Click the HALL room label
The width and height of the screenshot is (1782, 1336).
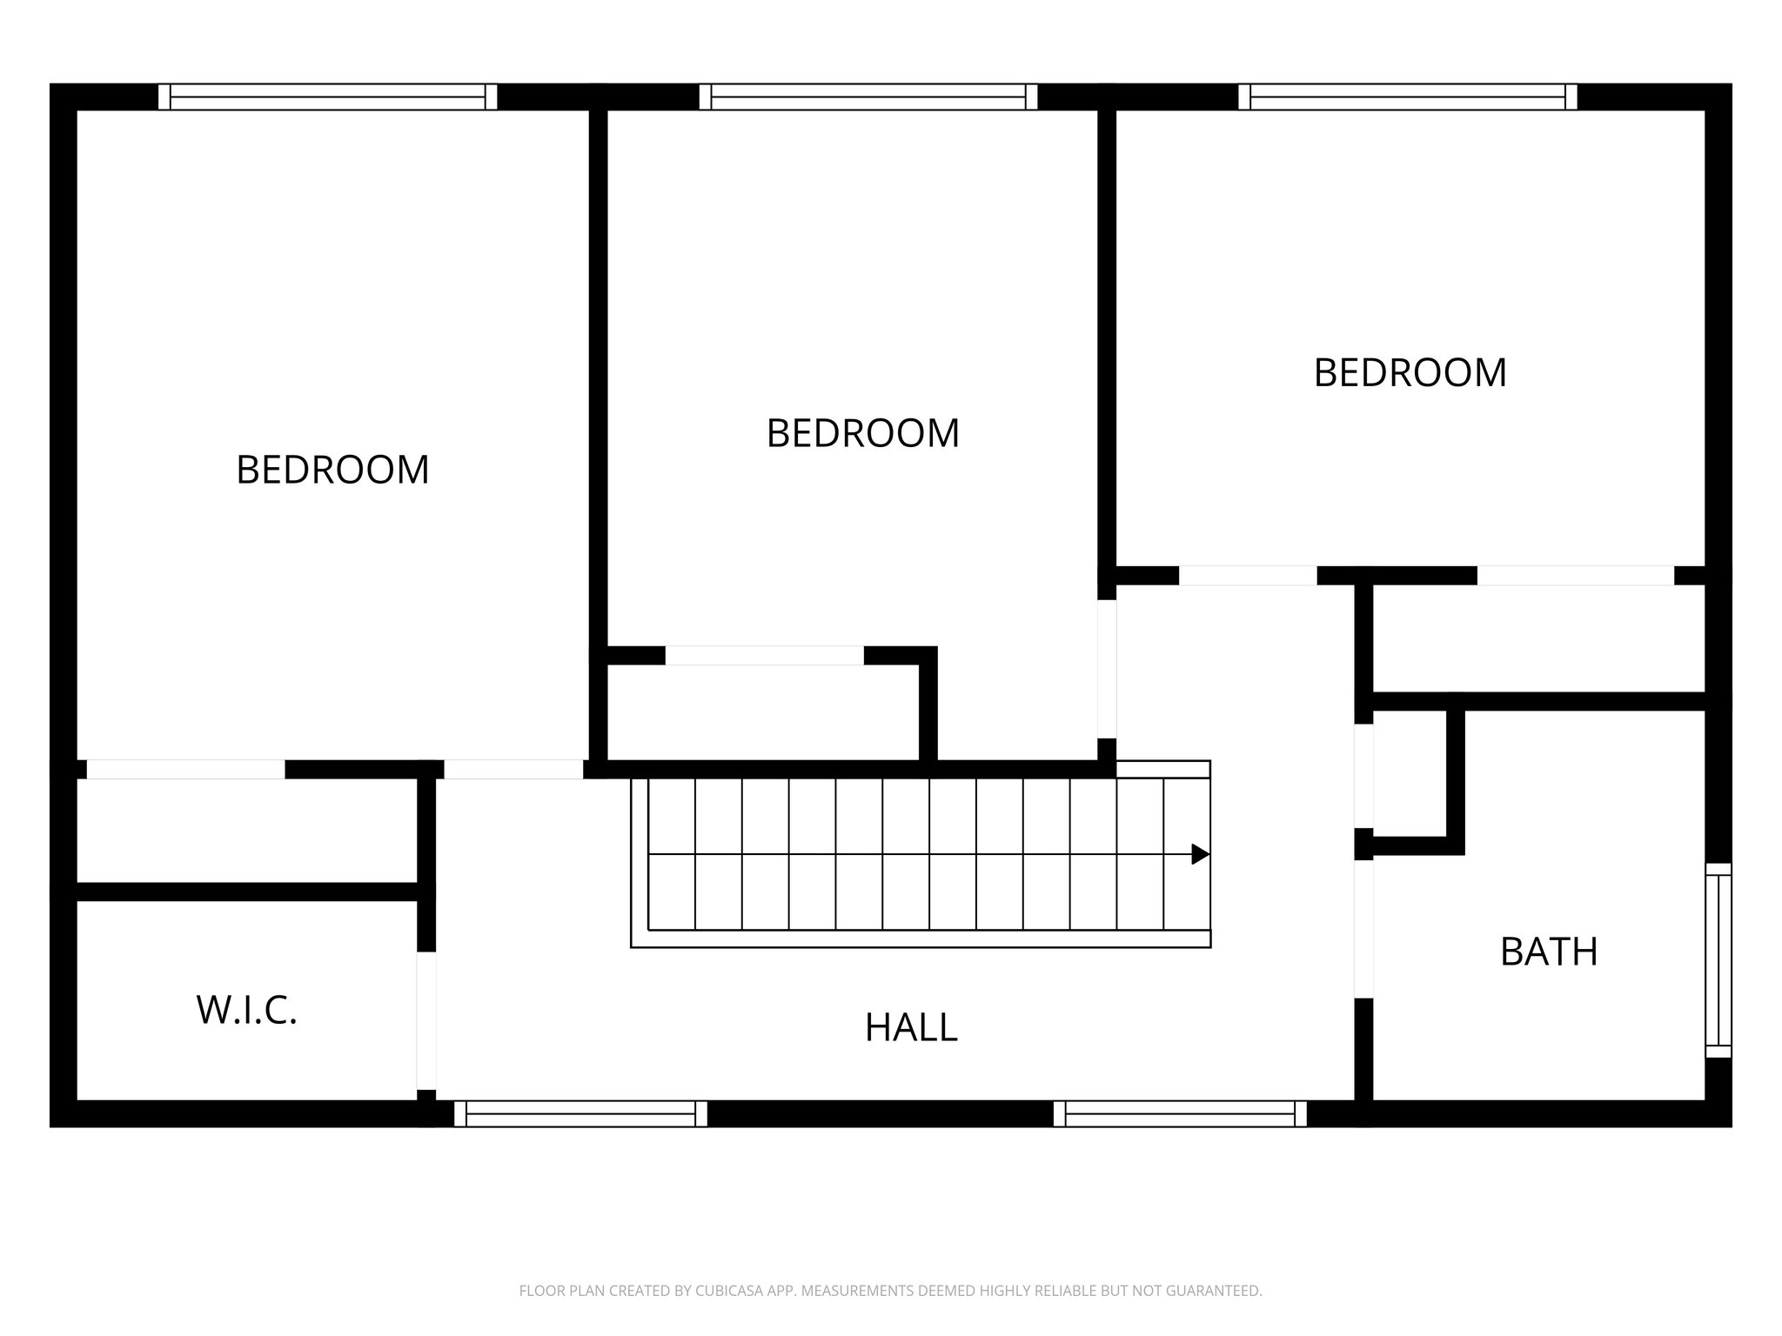tap(911, 1027)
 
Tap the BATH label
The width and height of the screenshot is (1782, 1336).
tap(1549, 952)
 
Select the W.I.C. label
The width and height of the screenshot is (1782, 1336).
tap(247, 1010)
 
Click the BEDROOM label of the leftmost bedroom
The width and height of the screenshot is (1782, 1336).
tap(332, 470)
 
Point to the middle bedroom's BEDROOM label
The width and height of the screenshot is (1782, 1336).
tap(862, 433)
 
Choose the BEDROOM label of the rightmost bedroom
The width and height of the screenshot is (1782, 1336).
tap(1410, 372)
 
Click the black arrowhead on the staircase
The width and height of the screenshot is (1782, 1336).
tap(1200, 854)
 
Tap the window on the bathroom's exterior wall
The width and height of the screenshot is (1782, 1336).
tap(1718, 960)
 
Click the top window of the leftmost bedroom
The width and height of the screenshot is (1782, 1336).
tap(327, 97)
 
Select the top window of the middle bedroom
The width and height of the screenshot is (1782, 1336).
tap(868, 97)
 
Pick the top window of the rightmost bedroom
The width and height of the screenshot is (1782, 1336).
tap(1408, 97)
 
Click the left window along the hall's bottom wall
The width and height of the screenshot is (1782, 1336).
tap(580, 1113)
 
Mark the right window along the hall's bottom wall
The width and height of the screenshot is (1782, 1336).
tap(1180, 1113)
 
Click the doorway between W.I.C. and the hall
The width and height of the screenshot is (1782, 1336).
tap(425, 1020)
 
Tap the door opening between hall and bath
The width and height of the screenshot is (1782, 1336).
tap(1363, 929)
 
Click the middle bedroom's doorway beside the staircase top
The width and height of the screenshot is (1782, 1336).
tap(1106, 669)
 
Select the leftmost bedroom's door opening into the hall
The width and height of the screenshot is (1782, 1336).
tap(513, 769)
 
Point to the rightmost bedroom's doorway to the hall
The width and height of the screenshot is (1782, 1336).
tap(1248, 575)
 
